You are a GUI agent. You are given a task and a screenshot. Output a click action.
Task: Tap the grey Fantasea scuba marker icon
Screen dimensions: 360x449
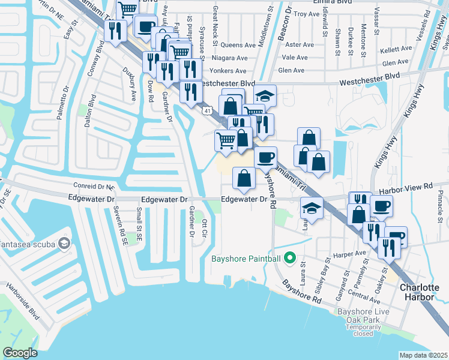pos(64,244)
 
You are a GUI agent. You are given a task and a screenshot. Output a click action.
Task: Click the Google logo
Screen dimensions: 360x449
pos(20,353)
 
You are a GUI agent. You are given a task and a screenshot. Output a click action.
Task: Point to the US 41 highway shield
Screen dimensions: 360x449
pos(206,110)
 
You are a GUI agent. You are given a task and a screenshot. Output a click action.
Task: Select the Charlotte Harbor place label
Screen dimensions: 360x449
pos(420,292)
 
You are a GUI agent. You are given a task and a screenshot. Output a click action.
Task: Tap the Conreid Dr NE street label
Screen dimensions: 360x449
pos(94,186)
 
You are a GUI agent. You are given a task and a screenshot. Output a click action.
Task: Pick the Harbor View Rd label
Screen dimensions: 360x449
pos(411,187)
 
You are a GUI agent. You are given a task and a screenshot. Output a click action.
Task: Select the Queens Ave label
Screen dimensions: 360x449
pos(238,45)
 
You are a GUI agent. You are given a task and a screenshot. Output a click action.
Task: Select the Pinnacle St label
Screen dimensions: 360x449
pos(440,205)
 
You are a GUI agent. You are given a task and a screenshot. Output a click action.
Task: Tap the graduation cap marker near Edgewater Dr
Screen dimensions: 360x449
pos(312,208)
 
